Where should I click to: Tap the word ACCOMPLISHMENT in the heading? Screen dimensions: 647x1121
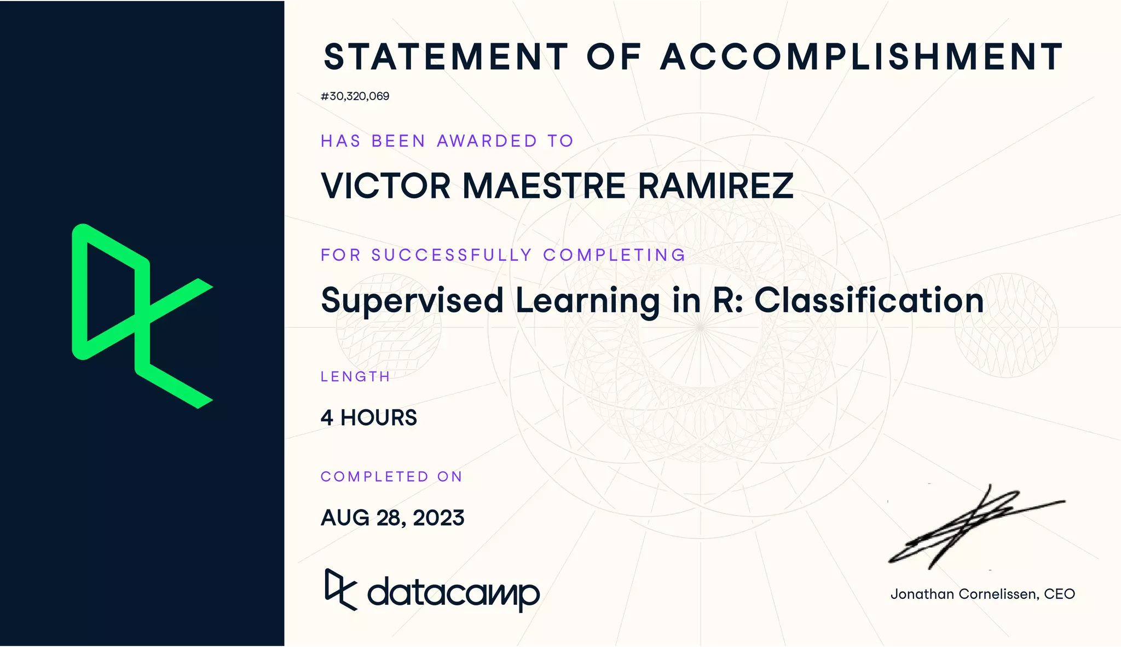click(x=861, y=57)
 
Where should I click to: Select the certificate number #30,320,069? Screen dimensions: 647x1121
click(x=355, y=96)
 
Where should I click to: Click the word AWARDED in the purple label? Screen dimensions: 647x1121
click(x=487, y=141)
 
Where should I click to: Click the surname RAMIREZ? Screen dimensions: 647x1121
click(x=715, y=186)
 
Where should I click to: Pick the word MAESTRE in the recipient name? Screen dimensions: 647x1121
click(x=544, y=186)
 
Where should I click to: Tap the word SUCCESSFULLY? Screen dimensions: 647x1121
click(x=452, y=255)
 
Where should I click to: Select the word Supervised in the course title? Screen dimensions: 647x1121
click(x=412, y=301)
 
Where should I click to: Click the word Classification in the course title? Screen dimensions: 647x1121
click(x=869, y=301)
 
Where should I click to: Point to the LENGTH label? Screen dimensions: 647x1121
click(x=355, y=377)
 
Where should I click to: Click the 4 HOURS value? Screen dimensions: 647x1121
click(x=368, y=418)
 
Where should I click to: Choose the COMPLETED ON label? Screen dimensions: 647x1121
click(x=391, y=477)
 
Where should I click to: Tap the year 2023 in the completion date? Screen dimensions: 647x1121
click(x=438, y=518)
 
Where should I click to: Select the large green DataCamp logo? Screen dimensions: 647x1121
click(x=141, y=316)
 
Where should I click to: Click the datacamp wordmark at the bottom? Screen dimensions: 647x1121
click(x=453, y=593)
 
